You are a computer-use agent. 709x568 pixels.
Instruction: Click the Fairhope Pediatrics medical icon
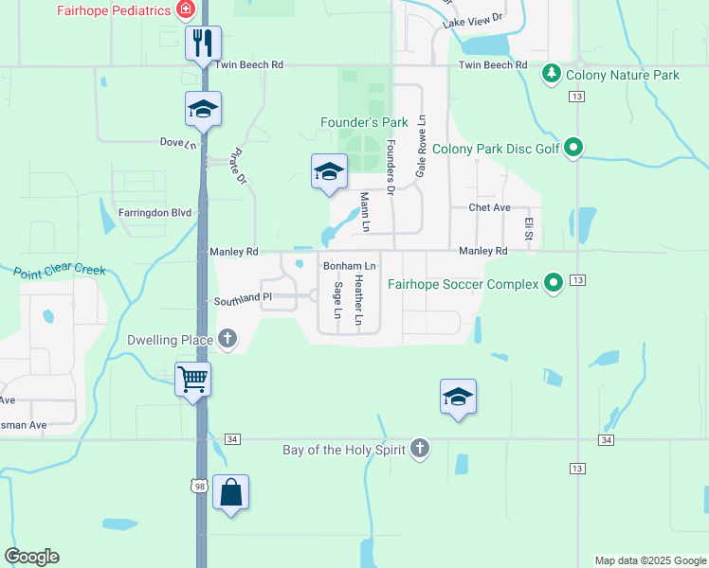coord(186,10)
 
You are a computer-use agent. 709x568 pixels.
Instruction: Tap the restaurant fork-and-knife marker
coord(203,44)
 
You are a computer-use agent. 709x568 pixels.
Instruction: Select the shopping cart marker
coord(193,380)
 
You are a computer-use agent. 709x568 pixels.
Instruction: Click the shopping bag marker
coord(230,492)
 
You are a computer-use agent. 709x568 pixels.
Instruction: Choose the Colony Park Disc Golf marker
coord(573,148)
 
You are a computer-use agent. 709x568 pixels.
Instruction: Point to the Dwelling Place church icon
coord(227,339)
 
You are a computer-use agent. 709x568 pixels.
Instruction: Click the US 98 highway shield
coord(198,486)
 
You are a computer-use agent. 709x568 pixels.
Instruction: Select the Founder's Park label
coord(364,122)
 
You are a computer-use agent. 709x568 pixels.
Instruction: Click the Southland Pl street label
coord(242,298)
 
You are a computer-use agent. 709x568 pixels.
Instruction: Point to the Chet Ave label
coord(489,207)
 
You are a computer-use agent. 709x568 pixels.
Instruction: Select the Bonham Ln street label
coord(350,266)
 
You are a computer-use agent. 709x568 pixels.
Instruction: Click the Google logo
coord(31,557)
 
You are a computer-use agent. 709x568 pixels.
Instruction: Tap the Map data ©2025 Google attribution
coord(649,560)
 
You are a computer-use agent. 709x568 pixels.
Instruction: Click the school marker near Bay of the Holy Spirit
coord(458,398)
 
